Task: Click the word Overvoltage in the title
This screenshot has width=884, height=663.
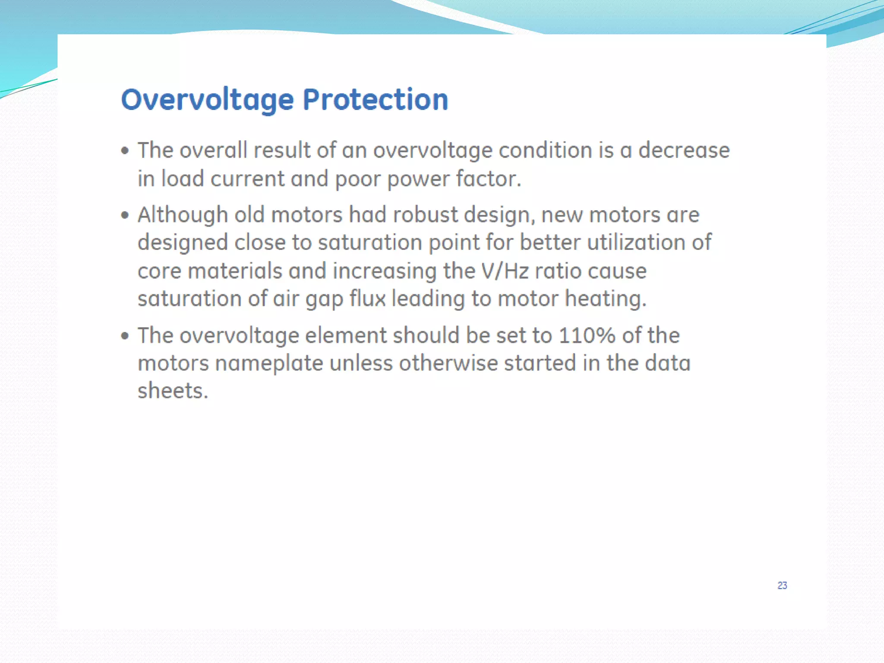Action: (207, 100)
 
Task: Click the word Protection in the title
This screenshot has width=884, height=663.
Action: (375, 100)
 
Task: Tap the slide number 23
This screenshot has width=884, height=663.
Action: (782, 585)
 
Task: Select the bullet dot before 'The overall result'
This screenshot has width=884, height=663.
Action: (125, 151)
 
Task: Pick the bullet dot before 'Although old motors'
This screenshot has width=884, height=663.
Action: (125, 215)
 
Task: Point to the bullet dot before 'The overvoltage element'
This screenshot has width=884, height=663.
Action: (125, 335)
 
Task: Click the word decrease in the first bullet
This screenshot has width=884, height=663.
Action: (684, 150)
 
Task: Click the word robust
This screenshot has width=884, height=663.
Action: (425, 215)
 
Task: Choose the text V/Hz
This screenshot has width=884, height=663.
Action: (505, 271)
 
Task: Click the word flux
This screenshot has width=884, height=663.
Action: (367, 298)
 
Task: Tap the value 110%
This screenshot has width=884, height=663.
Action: (587, 335)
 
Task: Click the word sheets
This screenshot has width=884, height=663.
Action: (173, 391)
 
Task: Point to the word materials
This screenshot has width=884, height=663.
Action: (235, 271)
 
